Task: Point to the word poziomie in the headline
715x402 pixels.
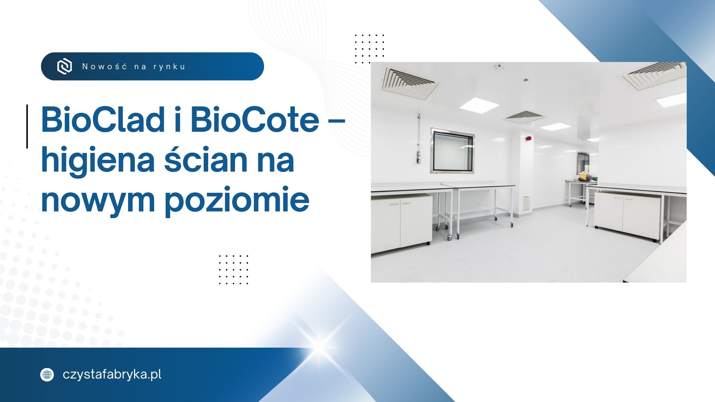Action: [237, 200]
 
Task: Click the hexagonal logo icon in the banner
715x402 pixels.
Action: [64, 67]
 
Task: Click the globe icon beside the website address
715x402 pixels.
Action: [47, 374]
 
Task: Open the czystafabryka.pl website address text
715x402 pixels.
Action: [112, 375]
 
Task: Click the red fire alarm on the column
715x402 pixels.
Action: [528, 138]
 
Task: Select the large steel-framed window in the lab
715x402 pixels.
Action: [452, 150]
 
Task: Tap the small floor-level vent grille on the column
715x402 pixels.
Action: [526, 203]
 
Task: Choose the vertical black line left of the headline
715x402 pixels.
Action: [27, 127]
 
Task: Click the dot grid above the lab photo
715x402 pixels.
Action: [369, 49]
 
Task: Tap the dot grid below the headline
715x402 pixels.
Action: [233, 270]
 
